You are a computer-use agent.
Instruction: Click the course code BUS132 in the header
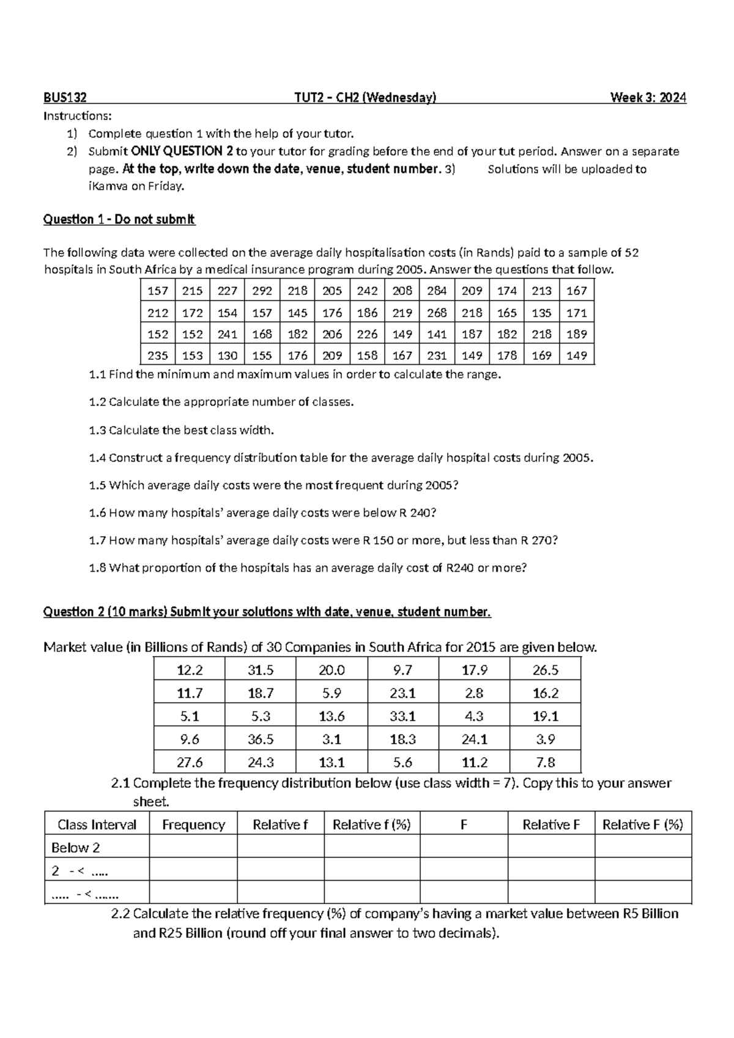(x=65, y=98)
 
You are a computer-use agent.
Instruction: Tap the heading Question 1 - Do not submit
(x=119, y=220)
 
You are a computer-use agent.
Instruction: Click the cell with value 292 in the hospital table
(x=262, y=291)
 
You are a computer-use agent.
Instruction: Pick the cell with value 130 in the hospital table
(x=228, y=356)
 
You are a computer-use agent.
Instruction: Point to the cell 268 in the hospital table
(x=437, y=313)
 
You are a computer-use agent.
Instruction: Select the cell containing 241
(x=228, y=334)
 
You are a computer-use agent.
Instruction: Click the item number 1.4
(x=97, y=458)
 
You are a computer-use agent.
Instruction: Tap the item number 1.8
(x=97, y=568)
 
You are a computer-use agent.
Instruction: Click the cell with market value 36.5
(x=261, y=739)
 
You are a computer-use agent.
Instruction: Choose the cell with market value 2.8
(x=474, y=693)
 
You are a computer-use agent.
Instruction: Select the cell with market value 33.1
(x=402, y=716)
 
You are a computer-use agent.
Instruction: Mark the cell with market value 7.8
(x=545, y=763)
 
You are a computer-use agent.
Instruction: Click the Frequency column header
(x=193, y=825)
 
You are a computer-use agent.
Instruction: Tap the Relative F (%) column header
(x=642, y=825)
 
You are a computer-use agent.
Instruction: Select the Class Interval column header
(x=97, y=825)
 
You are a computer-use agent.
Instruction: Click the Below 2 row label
(x=75, y=848)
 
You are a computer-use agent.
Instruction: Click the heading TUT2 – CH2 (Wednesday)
(x=365, y=98)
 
